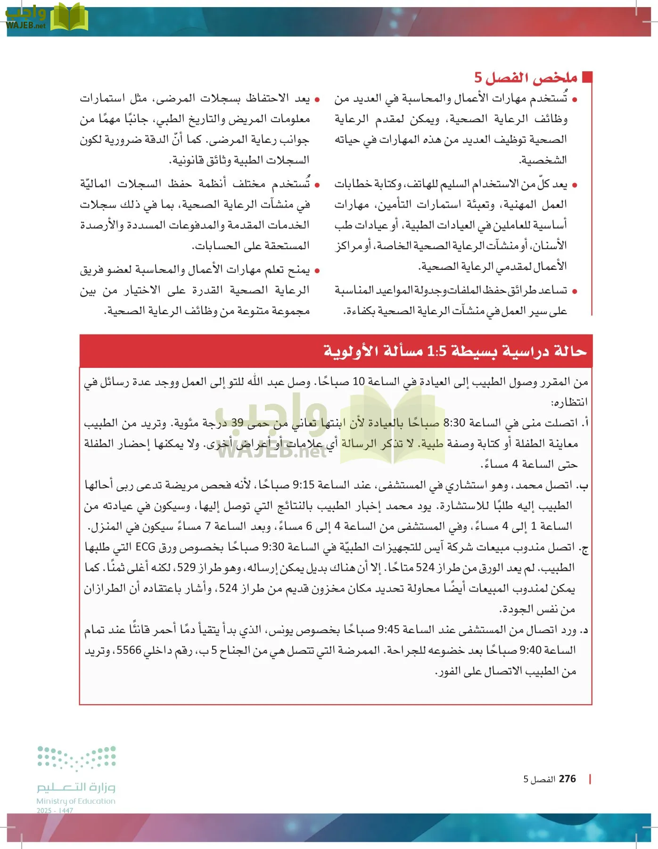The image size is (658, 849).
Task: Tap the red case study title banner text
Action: point(455,351)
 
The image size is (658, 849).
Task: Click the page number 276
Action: point(567,779)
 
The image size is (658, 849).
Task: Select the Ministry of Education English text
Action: point(76,801)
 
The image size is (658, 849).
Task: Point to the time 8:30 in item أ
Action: point(454,423)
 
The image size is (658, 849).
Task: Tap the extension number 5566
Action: point(129,650)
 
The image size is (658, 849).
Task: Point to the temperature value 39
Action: point(238,423)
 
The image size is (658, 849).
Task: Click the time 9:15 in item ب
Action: point(304,485)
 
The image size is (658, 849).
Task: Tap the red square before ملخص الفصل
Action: point(587,77)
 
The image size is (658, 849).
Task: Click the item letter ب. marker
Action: point(583,485)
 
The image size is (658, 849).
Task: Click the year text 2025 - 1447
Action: point(55,811)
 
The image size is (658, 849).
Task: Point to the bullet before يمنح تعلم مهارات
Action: point(317,271)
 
